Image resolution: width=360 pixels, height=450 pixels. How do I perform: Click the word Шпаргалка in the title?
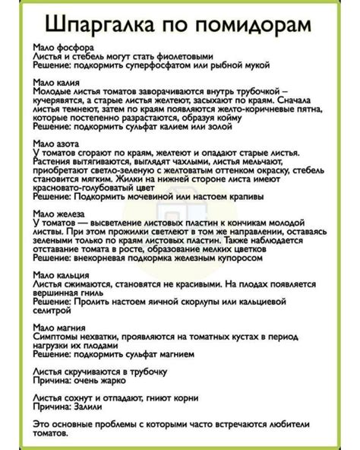pos(99,26)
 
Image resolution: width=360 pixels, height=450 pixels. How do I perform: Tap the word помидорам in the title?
pos(251,26)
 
